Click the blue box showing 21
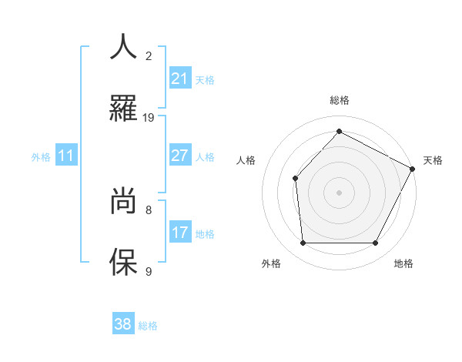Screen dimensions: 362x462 [179, 79]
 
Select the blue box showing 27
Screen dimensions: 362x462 [179, 156]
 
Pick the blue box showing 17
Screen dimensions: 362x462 [179, 233]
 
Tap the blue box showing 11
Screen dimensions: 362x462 [66, 156]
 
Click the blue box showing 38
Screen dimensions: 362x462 [123, 324]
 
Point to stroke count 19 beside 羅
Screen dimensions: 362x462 [149, 118]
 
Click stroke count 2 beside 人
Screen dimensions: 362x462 [149, 55]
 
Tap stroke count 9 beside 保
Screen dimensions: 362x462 [149, 271]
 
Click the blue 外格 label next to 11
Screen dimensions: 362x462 [41, 157]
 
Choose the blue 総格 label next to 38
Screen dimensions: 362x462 [148, 326]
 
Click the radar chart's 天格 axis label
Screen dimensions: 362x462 [433, 160]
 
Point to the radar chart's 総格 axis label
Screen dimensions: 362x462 [340, 100]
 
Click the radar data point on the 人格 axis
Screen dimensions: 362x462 [295, 179]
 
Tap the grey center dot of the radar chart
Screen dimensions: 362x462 [339, 193]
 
